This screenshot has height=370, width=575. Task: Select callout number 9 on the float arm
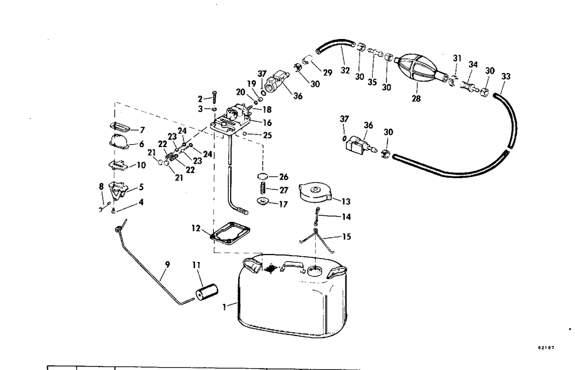(167, 265)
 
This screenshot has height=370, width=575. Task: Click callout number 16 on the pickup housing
(267, 122)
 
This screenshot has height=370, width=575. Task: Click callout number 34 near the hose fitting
(473, 65)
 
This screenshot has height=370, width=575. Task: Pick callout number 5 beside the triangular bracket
(140, 187)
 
